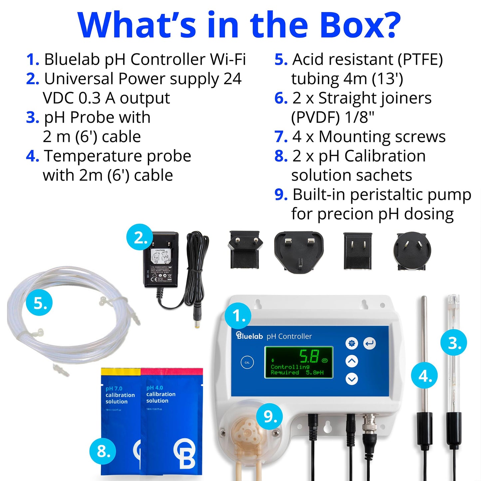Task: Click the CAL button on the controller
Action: (x=247, y=362)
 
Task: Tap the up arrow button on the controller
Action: (x=352, y=361)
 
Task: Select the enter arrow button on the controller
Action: (x=369, y=343)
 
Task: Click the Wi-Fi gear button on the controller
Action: (x=352, y=343)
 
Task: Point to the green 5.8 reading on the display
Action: (x=309, y=356)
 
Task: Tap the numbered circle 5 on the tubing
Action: (x=40, y=303)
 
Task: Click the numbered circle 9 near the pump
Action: (x=269, y=416)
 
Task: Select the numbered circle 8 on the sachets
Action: (x=103, y=451)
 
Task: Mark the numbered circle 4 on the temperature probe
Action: (x=424, y=376)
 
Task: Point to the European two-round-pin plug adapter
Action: (x=245, y=250)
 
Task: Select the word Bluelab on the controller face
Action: (x=250, y=336)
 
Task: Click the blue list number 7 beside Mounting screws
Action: (x=281, y=137)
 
